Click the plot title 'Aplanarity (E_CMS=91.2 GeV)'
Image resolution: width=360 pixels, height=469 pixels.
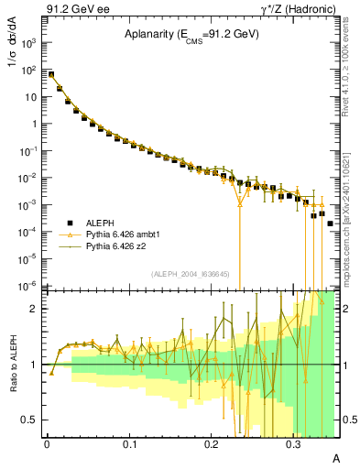tap(191, 34)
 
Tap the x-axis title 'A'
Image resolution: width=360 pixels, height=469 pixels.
tap(335, 456)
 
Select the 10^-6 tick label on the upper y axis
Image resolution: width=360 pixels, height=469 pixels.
tap(28, 286)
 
